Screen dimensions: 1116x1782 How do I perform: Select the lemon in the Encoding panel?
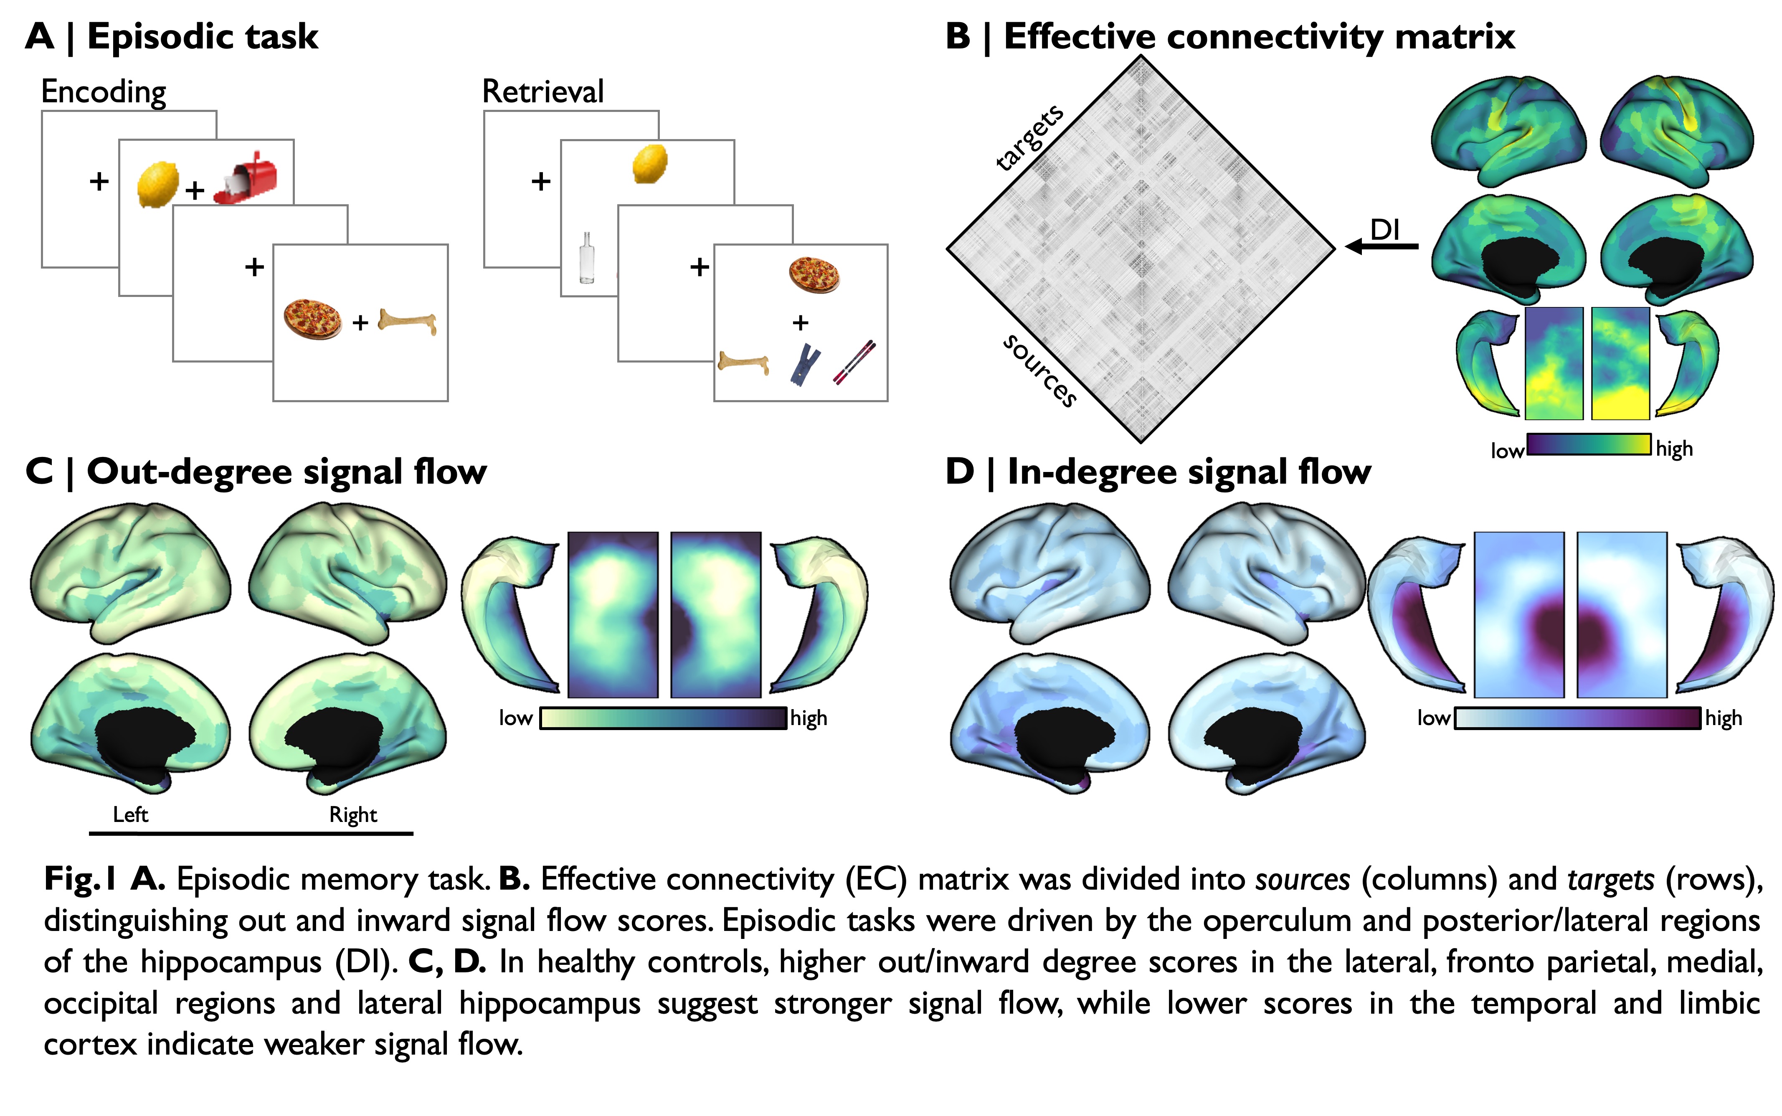(x=158, y=184)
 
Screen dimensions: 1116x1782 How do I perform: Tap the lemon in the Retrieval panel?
(x=650, y=163)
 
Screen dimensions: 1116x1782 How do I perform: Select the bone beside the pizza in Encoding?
(x=407, y=322)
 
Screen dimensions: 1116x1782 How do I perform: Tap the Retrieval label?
(x=543, y=92)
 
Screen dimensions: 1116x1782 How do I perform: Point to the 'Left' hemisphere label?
(x=131, y=815)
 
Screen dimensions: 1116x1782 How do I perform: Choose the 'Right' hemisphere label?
(x=353, y=815)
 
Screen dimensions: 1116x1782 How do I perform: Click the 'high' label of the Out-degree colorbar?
(x=809, y=718)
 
